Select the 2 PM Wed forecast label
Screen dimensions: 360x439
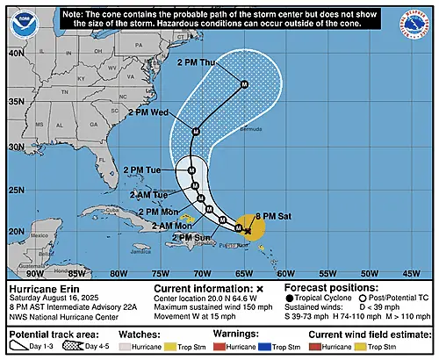coord(147,113)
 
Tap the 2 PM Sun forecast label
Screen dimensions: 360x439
coord(191,237)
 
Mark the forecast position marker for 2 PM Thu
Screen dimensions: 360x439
coord(244,84)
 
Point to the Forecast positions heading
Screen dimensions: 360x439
coord(330,288)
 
